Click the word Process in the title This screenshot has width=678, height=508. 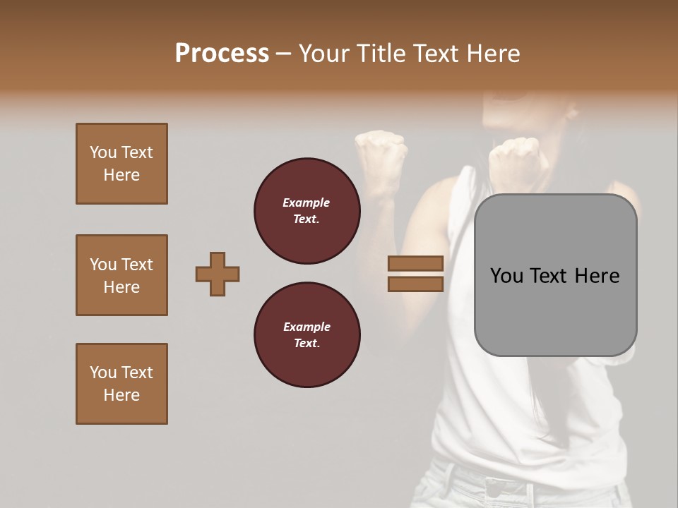(x=222, y=54)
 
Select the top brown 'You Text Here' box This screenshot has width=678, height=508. (x=121, y=164)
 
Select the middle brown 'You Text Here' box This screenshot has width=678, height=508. (x=121, y=275)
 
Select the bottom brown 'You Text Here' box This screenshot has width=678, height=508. (x=121, y=384)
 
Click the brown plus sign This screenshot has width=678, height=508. (x=218, y=274)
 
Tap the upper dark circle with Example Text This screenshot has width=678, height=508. (x=307, y=210)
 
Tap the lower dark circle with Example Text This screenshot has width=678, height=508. (x=307, y=334)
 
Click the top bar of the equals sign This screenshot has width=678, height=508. (x=415, y=263)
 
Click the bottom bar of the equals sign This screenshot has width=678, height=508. (x=415, y=284)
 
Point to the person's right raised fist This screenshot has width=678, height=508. (x=516, y=159)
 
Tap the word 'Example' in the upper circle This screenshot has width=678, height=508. (x=307, y=202)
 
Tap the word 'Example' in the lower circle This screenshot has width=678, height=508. (x=307, y=327)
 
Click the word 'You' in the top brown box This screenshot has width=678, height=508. (x=102, y=152)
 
